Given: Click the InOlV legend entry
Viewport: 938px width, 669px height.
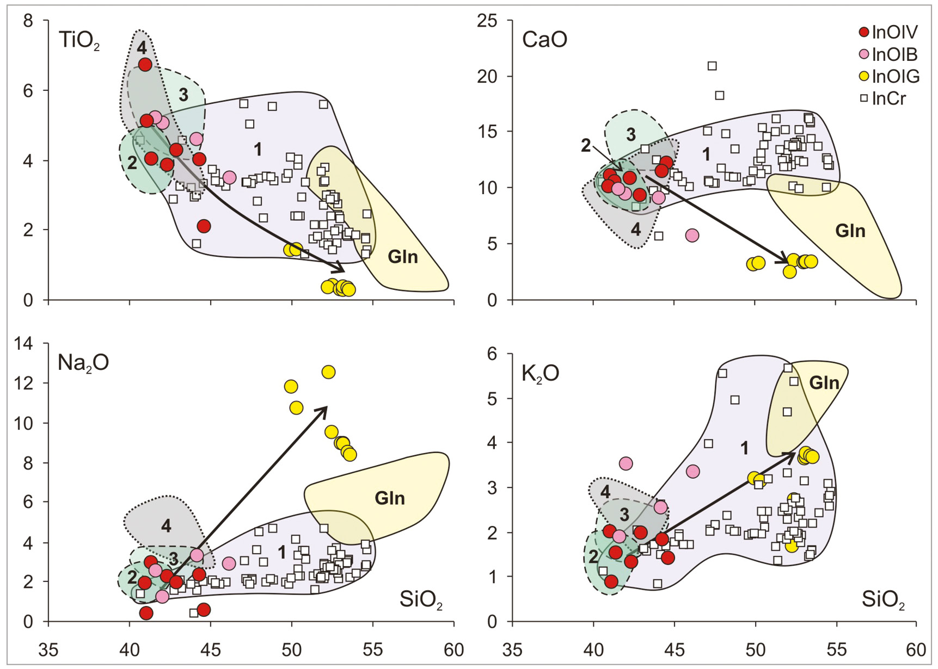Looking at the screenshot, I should [887, 32].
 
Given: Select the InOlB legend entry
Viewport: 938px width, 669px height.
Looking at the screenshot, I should [887, 54].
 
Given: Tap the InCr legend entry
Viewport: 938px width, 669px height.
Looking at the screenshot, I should [882, 98].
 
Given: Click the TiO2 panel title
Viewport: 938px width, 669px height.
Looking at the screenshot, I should [79, 41].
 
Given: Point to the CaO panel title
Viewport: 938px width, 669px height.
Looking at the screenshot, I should [544, 40].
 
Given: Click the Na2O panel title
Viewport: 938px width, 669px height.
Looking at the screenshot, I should [83, 363].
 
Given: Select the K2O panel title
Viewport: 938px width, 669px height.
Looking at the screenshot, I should [541, 374].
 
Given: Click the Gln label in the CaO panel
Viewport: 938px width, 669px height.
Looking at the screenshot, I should [850, 231].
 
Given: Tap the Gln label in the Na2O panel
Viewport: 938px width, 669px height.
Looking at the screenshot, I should [389, 498].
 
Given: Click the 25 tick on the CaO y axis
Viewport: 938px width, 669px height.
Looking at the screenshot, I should [487, 21].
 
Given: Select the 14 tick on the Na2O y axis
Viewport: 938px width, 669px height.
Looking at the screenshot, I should [24, 344].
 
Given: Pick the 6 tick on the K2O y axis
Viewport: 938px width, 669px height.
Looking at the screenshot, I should [493, 354].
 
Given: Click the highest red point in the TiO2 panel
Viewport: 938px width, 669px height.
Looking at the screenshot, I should [145, 65].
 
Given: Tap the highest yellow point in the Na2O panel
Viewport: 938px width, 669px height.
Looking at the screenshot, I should [328, 372].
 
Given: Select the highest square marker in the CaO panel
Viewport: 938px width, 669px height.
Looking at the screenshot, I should [712, 66].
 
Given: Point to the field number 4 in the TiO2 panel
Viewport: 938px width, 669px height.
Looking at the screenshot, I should [142, 48].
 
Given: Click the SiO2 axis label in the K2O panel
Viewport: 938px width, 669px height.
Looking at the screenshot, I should [883, 600].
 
